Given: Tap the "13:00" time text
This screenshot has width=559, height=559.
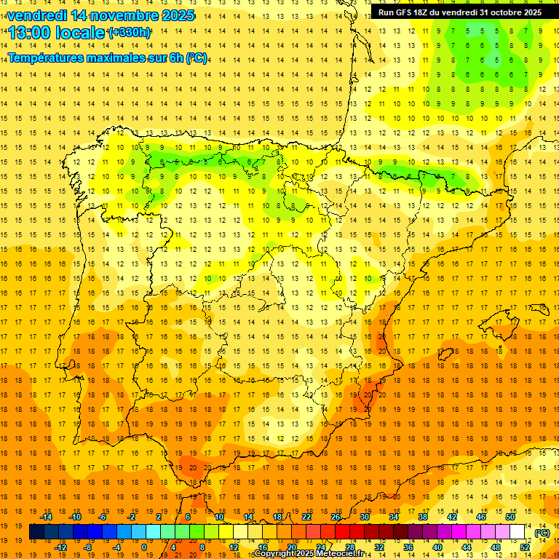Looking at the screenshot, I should click(x=28, y=33).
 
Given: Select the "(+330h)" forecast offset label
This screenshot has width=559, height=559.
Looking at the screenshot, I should click(x=130, y=33).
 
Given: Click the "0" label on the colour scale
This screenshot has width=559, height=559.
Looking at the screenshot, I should click(x=144, y=547).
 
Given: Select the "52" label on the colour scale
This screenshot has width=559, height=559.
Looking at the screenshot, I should click(x=525, y=547).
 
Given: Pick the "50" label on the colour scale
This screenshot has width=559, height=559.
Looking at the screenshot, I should click(x=510, y=517).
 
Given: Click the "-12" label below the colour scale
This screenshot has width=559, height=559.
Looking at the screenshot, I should click(x=60, y=547).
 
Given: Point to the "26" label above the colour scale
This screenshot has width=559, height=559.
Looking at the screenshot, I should click(x=336, y=517).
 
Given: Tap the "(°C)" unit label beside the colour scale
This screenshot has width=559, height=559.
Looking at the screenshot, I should click(x=542, y=532).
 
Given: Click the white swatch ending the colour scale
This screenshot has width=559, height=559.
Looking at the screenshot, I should click(x=518, y=532).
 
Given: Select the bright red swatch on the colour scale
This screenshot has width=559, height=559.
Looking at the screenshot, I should click(x=342, y=532).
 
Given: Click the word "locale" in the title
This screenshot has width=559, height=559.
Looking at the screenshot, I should click(x=79, y=33).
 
